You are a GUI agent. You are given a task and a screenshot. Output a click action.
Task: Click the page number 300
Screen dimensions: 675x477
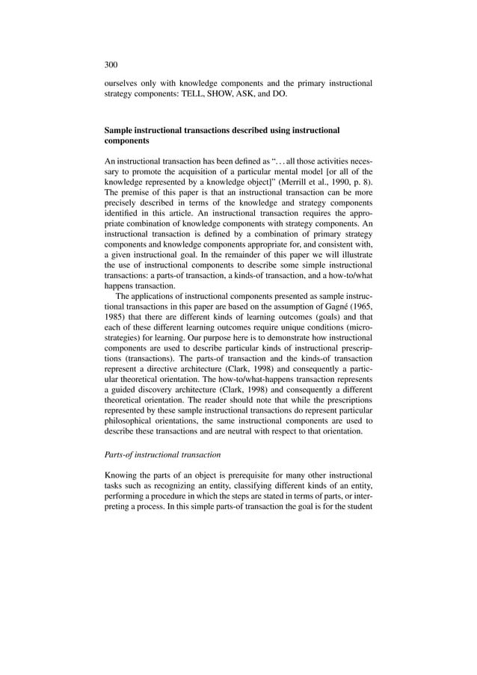click(111, 64)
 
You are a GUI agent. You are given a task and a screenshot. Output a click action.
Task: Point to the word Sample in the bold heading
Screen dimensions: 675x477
click(120, 130)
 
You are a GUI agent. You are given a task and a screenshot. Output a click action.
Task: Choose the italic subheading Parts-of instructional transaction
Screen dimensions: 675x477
click(161, 454)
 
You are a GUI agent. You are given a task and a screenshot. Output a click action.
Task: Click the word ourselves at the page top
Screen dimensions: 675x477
click(123, 83)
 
